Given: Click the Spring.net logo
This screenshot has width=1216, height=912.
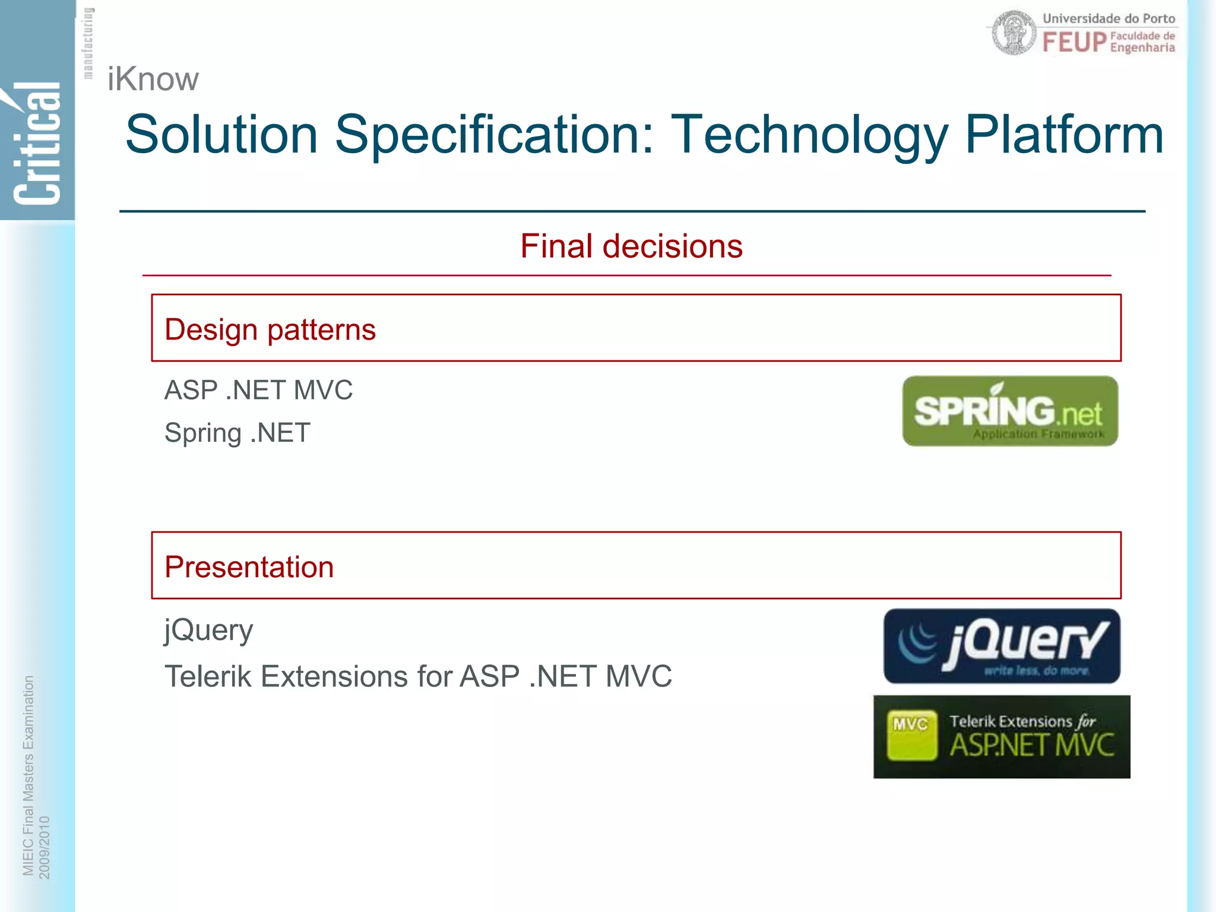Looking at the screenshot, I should pyautogui.click(x=1010, y=411).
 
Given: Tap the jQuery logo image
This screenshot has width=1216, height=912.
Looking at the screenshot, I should pyautogui.click(x=1002, y=646).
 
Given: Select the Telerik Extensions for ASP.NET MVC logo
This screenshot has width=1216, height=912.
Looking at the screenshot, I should pyautogui.click(x=1002, y=737).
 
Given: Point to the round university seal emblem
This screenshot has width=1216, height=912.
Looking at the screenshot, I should pyautogui.click(x=1015, y=33).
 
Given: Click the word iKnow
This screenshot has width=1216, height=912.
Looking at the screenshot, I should pyautogui.click(x=153, y=79).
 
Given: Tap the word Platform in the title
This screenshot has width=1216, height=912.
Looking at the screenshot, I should pyautogui.click(x=1063, y=135).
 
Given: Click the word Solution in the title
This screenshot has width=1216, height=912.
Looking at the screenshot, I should pyautogui.click(x=221, y=135).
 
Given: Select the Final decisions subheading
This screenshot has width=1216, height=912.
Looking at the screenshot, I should pyautogui.click(x=631, y=246).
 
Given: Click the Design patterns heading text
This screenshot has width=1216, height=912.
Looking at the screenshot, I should pyautogui.click(x=270, y=330).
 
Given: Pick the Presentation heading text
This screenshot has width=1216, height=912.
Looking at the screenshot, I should pyautogui.click(x=249, y=566).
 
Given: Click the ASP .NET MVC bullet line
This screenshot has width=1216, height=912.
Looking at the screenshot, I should pyautogui.click(x=258, y=390).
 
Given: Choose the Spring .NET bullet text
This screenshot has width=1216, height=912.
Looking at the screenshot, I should pyautogui.click(x=237, y=432).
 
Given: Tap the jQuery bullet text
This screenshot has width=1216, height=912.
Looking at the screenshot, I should pyautogui.click(x=208, y=630).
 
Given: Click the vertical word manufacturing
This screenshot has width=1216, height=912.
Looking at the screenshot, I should pyautogui.click(x=88, y=43).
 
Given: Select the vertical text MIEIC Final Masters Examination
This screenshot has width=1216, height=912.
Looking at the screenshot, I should pyautogui.click(x=28, y=775).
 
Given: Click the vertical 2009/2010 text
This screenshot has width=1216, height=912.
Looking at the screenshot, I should pyautogui.click(x=45, y=847).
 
